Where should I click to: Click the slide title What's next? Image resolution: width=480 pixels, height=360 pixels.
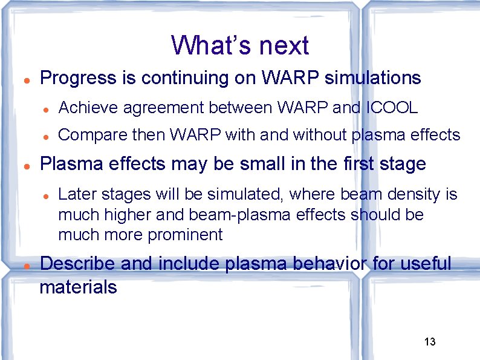click(x=240, y=45)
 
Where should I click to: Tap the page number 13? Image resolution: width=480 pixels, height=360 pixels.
click(x=430, y=342)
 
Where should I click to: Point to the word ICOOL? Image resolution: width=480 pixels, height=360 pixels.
click(x=392, y=108)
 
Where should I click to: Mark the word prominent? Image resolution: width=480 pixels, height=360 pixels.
click(x=186, y=235)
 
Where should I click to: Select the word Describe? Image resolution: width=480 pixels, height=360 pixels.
click(x=77, y=264)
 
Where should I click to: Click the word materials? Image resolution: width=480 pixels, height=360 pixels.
click(x=78, y=286)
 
